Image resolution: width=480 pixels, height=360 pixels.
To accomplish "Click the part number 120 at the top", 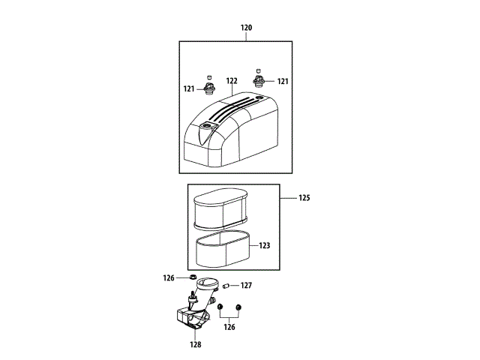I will point(247,28).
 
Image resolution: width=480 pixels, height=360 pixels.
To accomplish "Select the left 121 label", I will point(189,88).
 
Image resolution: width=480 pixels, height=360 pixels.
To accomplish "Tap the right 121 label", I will point(283,81).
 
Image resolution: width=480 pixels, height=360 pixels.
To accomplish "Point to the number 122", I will point(231,81).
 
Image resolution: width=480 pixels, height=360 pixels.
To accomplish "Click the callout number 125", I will point(304,199).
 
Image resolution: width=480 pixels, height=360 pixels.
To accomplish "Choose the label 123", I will point(264,245).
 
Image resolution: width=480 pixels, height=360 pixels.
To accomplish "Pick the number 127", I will point(246,285).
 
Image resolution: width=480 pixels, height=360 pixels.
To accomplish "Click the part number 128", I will point(196,346).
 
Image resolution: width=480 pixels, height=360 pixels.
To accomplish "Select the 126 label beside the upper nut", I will point(169,278).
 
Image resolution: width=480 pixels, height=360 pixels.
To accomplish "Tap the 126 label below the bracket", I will point(229,327).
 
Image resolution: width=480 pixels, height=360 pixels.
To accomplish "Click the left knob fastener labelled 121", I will point(209,88).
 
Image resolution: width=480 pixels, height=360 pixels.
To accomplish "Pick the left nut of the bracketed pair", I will point(220,307).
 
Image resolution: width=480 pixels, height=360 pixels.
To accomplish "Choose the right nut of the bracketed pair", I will point(238,307).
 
